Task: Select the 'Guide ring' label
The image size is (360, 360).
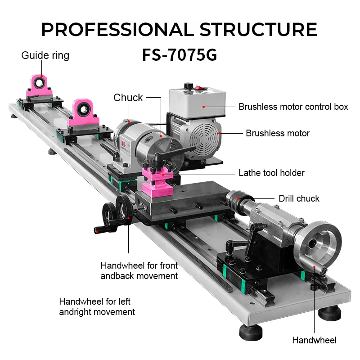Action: [45, 55]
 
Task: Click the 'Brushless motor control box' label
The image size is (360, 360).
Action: [293, 107]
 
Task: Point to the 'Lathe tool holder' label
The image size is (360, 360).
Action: [271, 173]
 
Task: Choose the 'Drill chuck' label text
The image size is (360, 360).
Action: [299, 198]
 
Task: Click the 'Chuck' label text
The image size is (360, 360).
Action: [128, 98]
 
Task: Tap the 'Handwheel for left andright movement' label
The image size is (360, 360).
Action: [97, 306]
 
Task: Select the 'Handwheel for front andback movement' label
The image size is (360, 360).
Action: [139, 270]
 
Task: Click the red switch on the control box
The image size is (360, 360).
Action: [187, 85]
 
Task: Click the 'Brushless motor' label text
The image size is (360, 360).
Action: [278, 133]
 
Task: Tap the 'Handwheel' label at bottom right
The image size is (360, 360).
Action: [314, 340]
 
